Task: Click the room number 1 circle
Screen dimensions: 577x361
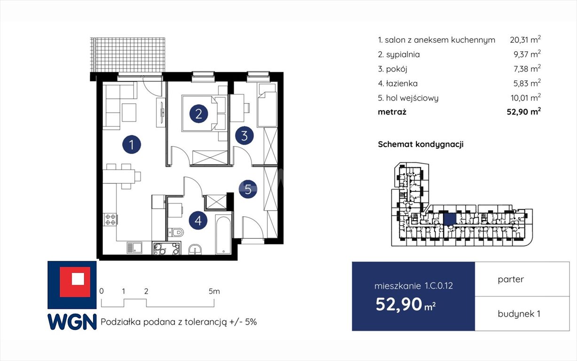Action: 132,144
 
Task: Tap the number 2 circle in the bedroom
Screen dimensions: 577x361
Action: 199,114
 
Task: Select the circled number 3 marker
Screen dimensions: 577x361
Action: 244,135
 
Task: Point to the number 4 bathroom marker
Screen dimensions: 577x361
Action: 198,220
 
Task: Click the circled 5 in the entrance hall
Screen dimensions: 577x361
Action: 248,189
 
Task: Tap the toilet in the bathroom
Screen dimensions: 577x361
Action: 176,232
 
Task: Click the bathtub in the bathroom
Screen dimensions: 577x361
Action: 223,235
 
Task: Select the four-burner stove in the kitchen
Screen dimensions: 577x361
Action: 110,220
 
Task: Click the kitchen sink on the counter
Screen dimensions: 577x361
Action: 134,248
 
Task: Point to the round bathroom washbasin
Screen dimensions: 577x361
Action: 195,250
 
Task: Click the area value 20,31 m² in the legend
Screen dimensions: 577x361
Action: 525,39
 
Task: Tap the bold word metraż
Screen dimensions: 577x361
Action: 392,112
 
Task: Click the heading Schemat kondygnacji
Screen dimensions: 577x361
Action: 421,144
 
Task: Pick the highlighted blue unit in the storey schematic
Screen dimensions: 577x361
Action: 450,220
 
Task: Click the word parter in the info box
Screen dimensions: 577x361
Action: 511,279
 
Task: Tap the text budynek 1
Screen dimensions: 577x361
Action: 519,314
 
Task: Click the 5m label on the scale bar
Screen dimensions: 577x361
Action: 214,291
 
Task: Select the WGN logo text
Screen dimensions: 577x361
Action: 72,322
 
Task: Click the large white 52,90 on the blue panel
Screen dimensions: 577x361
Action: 399,304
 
